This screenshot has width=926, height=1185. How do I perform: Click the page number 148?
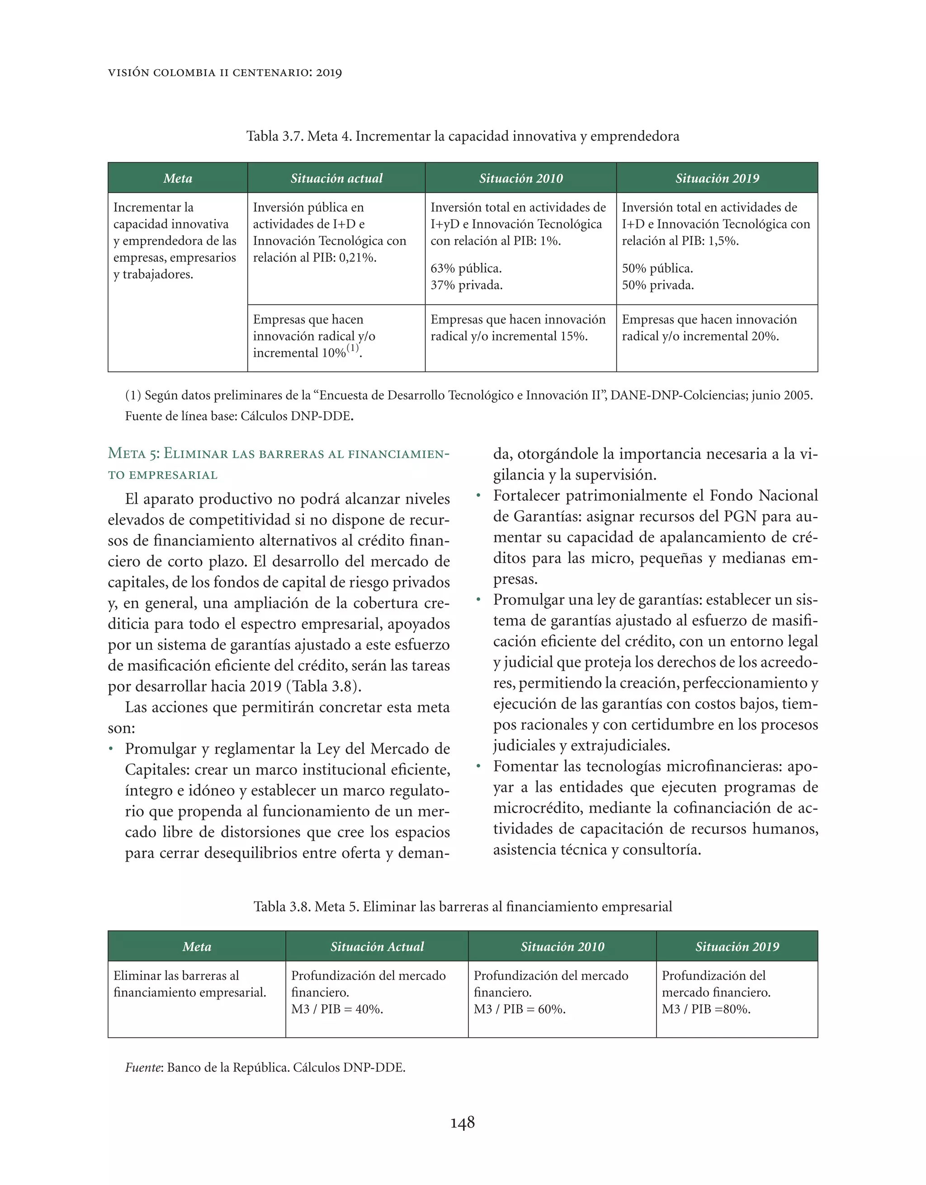(462, 1122)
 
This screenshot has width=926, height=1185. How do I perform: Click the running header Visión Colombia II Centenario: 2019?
(225, 73)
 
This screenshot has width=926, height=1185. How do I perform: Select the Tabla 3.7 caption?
(462, 136)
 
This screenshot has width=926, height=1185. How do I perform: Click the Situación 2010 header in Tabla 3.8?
(562, 946)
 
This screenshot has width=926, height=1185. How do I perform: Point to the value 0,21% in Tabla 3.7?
(357, 258)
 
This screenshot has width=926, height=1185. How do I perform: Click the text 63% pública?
(465, 269)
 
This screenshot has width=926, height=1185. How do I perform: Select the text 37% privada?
(466, 285)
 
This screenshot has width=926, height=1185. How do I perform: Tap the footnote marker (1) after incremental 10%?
(353, 348)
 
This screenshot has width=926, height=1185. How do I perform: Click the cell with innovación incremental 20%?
(716, 328)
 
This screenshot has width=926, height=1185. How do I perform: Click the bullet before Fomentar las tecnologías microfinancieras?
(478, 767)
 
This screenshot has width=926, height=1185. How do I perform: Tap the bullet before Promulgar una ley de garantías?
(478, 600)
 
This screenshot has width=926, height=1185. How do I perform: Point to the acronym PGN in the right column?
(740, 516)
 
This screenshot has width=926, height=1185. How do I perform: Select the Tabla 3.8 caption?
(462, 907)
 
